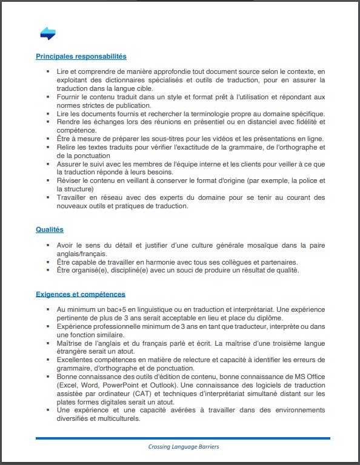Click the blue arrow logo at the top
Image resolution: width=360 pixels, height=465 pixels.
click(x=48, y=34)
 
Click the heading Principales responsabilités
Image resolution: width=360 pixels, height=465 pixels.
click(x=81, y=56)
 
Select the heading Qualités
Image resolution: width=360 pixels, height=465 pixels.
click(x=50, y=229)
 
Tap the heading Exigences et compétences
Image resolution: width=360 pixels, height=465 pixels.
click(x=81, y=294)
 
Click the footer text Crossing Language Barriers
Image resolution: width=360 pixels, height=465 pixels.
click(x=184, y=447)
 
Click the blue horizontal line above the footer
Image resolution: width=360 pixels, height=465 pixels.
click(x=182, y=438)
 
